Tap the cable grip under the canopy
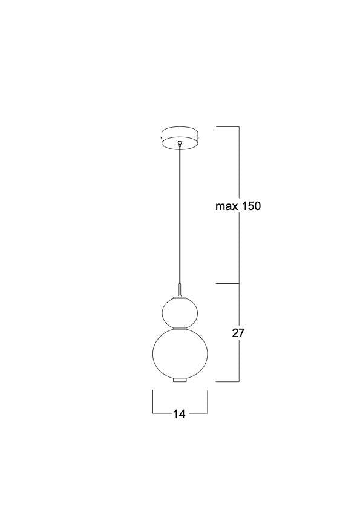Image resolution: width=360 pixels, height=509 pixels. pyautogui.click(x=180, y=143)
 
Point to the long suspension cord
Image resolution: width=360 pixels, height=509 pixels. pyautogui.click(x=180, y=215)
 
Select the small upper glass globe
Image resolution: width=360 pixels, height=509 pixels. pyautogui.click(x=180, y=313)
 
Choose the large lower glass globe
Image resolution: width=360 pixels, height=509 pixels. pyautogui.click(x=180, y=354)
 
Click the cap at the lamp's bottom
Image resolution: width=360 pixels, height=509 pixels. pyautogui.click(x=180, y=380)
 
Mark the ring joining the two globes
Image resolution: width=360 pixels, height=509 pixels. pyautogui.click(x=180, y=329)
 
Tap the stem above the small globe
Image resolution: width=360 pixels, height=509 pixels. pyautogui.click(x=180, y=290)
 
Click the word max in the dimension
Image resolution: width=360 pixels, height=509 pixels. pyautogui.click(x=226, y=206)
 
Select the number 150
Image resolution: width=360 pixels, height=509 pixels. pyautogui.click(x=250, y=206)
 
